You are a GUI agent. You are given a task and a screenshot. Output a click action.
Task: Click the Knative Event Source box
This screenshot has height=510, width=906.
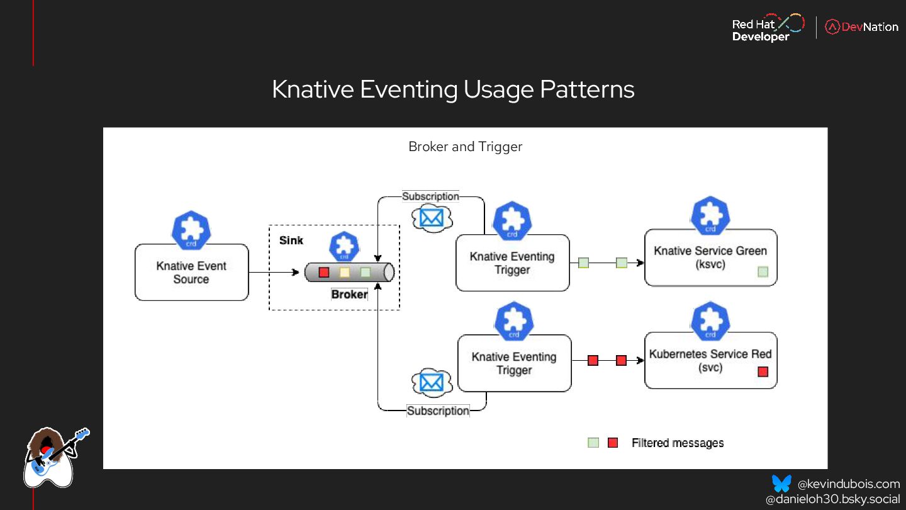tap(191, 272)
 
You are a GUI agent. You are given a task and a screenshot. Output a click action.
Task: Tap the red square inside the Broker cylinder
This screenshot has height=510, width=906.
tap(324, 273)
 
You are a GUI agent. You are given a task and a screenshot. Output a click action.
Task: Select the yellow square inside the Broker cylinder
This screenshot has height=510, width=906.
tap(344, 273)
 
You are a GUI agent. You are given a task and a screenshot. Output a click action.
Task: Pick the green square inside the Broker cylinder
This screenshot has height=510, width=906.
tap(365, 273)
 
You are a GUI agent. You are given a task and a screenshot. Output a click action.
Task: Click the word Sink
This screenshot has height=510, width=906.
tap(291, 240)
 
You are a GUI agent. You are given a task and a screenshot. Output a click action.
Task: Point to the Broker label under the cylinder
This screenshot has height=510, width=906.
tap(349, 294)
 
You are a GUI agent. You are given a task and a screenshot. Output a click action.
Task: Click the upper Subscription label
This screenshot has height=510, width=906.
tap(431, 196)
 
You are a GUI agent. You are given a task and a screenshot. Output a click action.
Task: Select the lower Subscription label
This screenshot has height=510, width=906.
tap(438, 411)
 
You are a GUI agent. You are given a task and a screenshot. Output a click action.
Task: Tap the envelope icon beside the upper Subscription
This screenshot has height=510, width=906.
tap(432, 218)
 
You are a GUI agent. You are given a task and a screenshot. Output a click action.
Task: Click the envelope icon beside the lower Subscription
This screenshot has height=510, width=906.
tap(432, 382)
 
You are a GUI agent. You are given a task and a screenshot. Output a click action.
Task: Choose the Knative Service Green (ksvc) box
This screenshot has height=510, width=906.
tap(710, 258)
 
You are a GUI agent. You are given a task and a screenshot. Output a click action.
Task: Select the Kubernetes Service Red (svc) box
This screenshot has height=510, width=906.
tap(710, 360)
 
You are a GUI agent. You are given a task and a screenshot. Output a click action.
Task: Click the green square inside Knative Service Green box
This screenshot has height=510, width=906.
tap(763, 272)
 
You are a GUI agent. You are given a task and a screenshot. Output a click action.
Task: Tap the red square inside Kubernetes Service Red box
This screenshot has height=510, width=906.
tap(763, 371)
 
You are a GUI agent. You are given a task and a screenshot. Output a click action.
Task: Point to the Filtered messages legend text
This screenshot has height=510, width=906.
tap(678, 443)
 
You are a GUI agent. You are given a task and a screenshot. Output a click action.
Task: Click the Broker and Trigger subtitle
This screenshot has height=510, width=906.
tap(466, 147)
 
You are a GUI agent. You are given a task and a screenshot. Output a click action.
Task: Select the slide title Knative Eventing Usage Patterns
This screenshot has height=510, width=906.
tap(453, 89)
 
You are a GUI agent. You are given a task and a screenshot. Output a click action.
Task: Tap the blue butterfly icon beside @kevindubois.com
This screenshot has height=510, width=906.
tap(781, 484)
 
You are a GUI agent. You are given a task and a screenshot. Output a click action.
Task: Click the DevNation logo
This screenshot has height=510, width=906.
tap(862, 27)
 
